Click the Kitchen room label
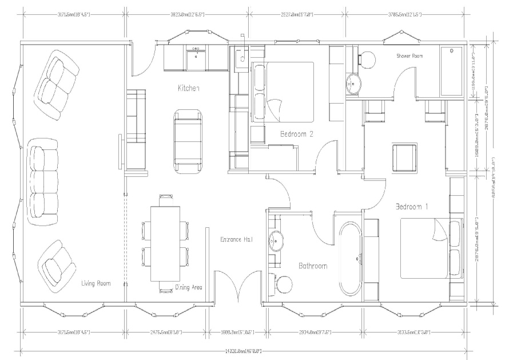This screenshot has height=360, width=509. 188,88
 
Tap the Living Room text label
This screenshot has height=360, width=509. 95,283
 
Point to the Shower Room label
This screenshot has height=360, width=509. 409,56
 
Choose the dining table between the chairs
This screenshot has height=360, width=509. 165,243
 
